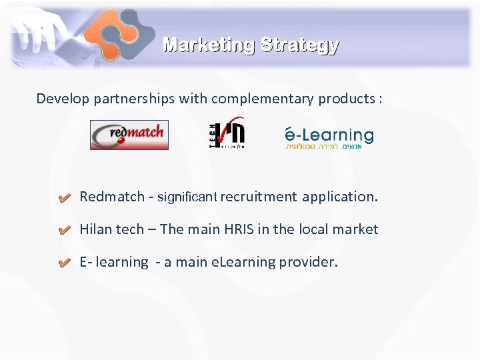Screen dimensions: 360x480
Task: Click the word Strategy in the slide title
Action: (299, 45)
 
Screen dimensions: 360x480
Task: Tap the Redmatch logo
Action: (129, 135)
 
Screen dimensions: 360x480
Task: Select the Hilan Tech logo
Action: (227, 133)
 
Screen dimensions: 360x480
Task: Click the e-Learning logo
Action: (329, 137)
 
